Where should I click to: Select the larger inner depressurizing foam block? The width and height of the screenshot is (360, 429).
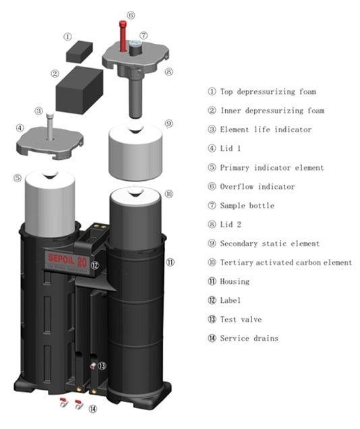point(78,86)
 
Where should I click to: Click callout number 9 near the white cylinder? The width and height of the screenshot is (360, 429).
point(169,123)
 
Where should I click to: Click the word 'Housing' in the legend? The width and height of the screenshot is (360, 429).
point(234,281)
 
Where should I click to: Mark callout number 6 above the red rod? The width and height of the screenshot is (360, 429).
point(131,15)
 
